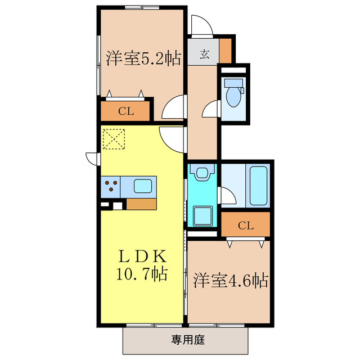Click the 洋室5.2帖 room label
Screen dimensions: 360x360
tap(143, 58)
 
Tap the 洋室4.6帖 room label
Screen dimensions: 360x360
tap(231, 280)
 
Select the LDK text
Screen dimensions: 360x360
tap(142, 256)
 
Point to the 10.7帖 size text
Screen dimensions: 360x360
tap(142, 275)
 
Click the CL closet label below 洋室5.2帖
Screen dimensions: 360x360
tap(125, 111)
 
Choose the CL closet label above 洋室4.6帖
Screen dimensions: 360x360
tap(245, 226)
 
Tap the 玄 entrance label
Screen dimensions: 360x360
tap(204, 55)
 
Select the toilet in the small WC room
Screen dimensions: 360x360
tap(232, 93)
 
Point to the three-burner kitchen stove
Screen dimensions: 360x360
tap(111, 186)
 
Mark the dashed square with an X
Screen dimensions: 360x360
tap(114, 138)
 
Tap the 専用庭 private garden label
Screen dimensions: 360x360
tap(185, 339)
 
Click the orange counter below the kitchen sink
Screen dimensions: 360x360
tap(141, 204)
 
